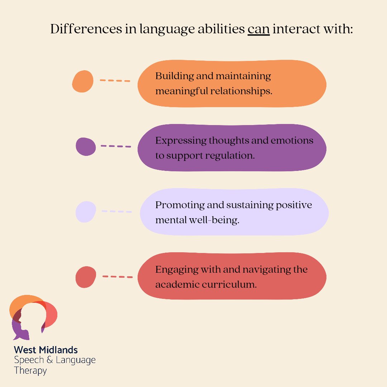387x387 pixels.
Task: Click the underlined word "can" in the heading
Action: [x=258, y=29]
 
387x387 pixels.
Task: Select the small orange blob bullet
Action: [x=82, y=81]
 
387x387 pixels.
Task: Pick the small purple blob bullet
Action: [x=86, y=147]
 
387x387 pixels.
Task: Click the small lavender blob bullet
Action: [x=86, y=212]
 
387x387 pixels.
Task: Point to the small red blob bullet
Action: [x=86, y=277]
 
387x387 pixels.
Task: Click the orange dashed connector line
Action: [x=115, y=81]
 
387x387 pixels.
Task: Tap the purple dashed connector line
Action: [x=116, y=146]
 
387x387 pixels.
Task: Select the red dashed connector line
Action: [x=118, y=277]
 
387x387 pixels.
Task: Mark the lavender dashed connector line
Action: [x=116, y=211]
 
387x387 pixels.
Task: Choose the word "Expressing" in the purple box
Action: [x=181, y=141]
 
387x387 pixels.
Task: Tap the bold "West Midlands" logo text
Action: [x=46, y=349]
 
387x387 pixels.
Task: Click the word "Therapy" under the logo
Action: [x=30, y=370]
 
